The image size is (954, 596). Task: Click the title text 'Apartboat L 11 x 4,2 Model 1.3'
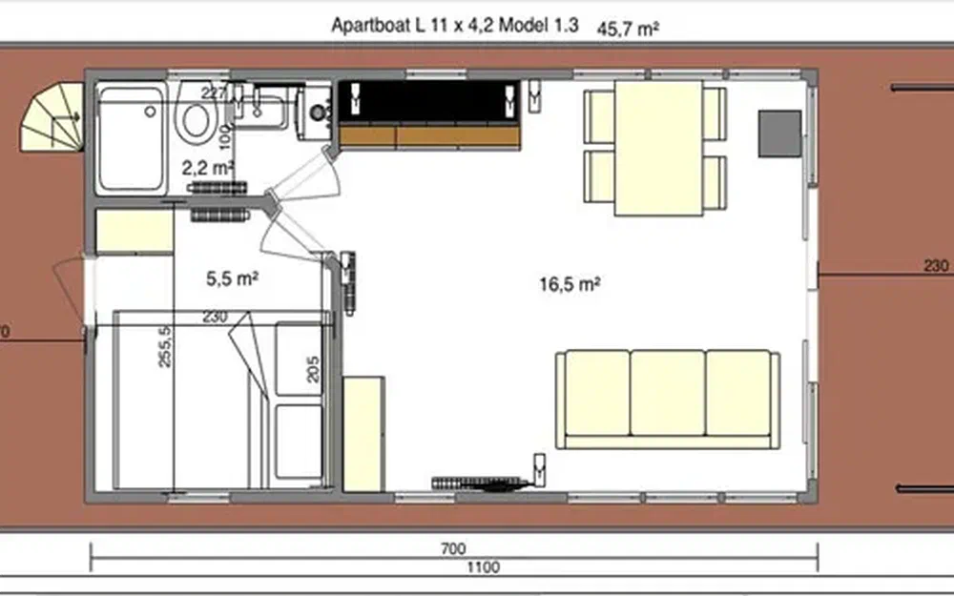pos(454,27)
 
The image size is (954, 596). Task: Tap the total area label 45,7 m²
pos(629,29)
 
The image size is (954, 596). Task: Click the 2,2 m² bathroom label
pos(208,168)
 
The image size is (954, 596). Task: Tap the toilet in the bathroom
pos(197,117)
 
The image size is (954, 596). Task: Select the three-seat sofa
pos(668,398)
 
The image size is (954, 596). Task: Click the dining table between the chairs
pos(658,148)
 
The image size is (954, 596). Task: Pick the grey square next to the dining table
pos(779,134)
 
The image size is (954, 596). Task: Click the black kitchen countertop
pos(429,102)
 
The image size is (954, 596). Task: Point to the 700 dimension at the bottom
pos(453,548)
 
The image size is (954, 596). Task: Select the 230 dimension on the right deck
pos(936,267)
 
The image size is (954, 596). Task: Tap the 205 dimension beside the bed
pos(312,368)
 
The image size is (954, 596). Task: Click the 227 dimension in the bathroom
pos(213,92)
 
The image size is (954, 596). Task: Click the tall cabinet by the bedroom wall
pos(363,434)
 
